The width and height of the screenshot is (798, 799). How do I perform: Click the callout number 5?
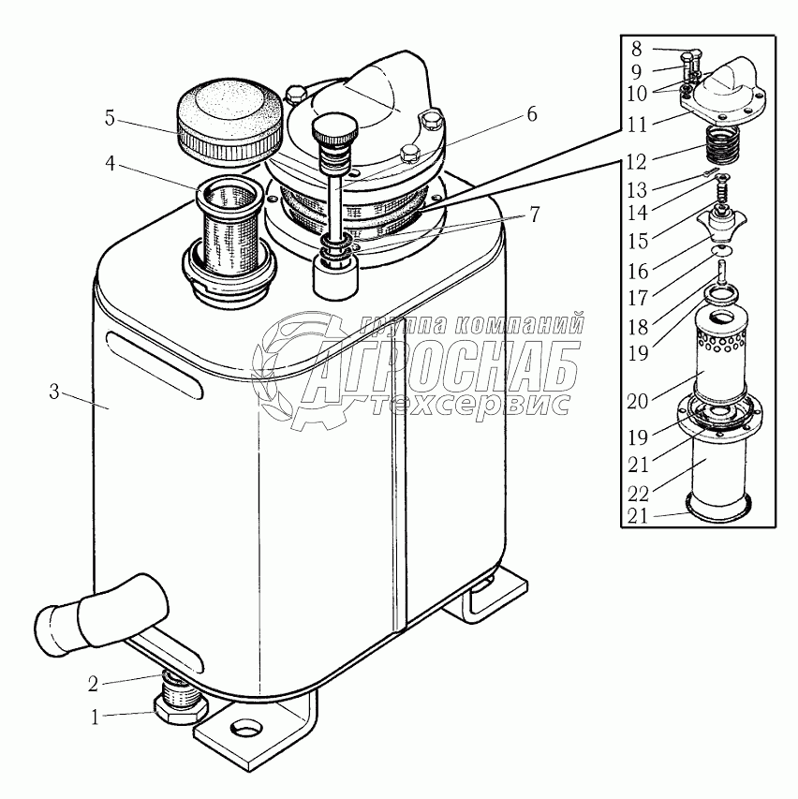pos(111,118)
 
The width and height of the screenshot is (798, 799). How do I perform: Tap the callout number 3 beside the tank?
pos(54,392)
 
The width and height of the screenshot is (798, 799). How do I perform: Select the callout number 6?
pos(531,114)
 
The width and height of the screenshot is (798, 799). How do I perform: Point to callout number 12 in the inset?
pos(637,162)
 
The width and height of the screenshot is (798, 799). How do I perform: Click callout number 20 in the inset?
pos(637,402)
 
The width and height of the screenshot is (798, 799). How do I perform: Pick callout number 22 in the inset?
pos(638,494)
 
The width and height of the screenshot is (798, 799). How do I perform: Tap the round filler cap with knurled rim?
pos(229,123)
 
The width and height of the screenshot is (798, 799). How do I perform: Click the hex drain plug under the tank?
pos(180,704)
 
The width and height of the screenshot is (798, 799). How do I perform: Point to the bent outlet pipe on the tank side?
pos(99,614)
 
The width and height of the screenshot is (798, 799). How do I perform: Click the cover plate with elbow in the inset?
pos(724,92)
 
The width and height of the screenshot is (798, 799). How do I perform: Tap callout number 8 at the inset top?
pos(636,50)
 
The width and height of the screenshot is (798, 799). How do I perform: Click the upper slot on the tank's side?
pos(155,364)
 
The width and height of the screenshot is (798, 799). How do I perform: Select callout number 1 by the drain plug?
pos(95,718)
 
